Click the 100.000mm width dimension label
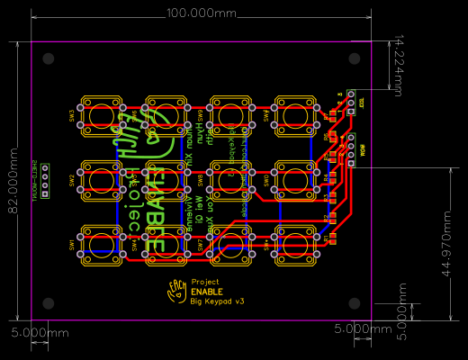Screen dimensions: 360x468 (202, 13)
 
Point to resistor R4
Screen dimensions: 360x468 (331, 176)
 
